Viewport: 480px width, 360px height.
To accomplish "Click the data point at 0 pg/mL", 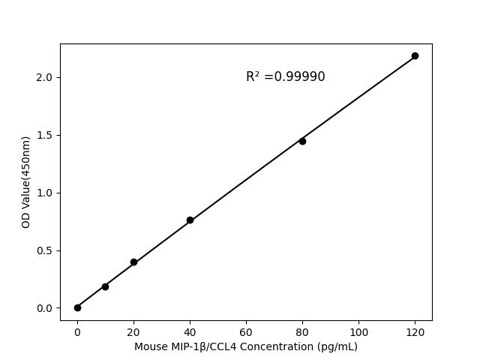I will (x=77, y=307).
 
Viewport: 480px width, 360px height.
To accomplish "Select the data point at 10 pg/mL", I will (x=105, y=286).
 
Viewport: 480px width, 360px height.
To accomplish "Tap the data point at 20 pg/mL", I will (x=133, y=262).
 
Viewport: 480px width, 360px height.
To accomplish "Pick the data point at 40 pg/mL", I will (x=190, y=220).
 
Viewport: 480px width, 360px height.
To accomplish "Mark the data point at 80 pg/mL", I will (x=302, y=141).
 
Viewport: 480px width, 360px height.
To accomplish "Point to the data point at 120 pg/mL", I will (x=415, y=55).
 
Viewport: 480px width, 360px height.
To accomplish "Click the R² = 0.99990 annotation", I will (x=285, y=76).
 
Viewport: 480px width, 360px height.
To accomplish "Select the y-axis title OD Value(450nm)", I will (x=25, y=181).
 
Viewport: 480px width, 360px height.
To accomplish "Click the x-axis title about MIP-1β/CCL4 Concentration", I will (x=246, y=346).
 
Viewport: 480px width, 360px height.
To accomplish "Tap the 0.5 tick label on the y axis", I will (x=45, y=250).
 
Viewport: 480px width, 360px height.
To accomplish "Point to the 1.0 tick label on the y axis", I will (x=45, y=193).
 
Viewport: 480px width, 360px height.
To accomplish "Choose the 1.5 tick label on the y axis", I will (x=45, y=135).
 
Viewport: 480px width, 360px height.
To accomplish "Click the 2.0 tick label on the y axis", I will (x=45, y=77).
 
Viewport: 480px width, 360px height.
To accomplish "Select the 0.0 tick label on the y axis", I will (x=45, y=308).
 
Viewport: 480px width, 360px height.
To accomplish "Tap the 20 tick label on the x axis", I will (x=133, y=331).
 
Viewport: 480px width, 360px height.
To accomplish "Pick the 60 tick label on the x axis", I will (x=246, y=331).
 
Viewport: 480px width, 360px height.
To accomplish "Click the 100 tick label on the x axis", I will (x=358, y=331).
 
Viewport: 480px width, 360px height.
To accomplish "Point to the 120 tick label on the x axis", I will (x=415, y=331).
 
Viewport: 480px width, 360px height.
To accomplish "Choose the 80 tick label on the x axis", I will (x=302, y=331).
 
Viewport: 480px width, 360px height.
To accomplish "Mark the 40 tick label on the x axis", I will (x=190, y=331).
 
